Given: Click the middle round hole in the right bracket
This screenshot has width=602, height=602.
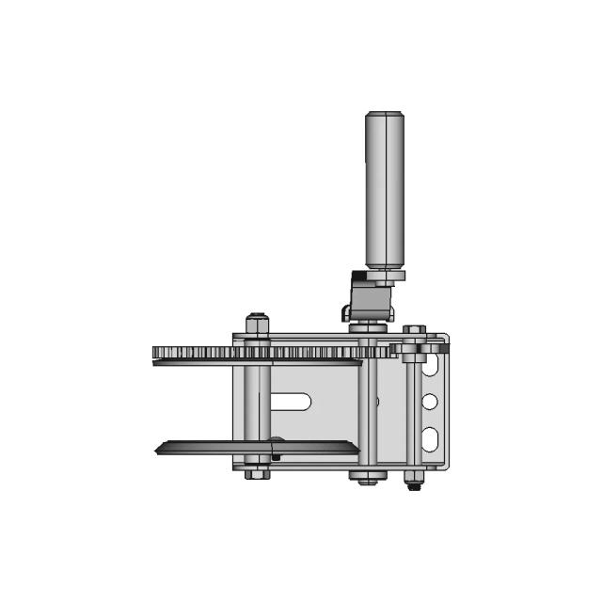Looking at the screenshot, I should click(x=430, y=403).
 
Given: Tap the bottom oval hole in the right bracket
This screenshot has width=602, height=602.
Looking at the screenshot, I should click(x=430, y=436).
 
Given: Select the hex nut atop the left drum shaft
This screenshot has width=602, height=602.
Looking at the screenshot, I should click(x=258, y=324).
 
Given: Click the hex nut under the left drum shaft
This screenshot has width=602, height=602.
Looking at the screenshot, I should click(x=258, y=473).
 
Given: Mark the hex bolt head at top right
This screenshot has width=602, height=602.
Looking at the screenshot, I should click(x=413, y=331).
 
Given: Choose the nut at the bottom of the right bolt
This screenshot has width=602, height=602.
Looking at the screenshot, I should click(x=412, y=484).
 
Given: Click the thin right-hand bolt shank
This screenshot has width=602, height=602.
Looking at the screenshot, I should click(x=413, y=414).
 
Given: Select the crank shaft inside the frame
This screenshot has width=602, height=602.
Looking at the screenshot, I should click(x=372, y=414).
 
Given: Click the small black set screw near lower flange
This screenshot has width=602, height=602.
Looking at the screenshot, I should click(x=276, y=456).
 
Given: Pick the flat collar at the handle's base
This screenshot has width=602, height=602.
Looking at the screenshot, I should click(x=385, y=276).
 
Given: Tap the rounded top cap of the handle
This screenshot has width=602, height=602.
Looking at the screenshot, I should click(x=385, y=115).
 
